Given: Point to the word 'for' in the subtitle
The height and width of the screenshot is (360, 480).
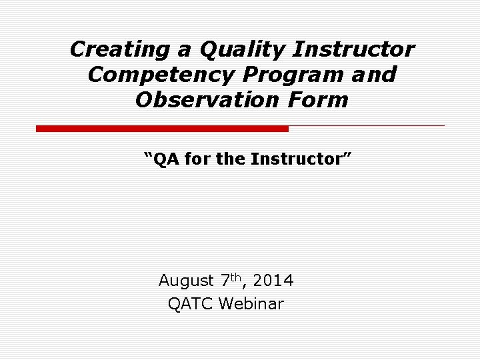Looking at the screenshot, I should [x=197, y=159].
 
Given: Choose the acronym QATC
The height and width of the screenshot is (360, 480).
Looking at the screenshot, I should [x=191, y=305].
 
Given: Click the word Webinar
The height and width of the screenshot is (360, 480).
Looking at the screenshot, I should [x=251, y=305].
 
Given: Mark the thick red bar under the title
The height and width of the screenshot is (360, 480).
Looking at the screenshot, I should [x=162, y=128].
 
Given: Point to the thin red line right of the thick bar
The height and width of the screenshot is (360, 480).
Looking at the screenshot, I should [x=367, y=125].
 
